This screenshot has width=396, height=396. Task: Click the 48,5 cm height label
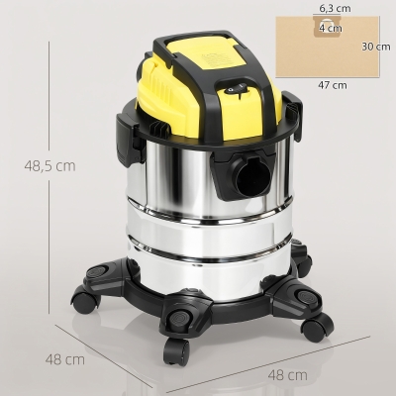click(49, 165)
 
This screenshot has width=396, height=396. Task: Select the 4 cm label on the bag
click(331, 28)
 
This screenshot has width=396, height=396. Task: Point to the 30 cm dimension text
click(376, 47)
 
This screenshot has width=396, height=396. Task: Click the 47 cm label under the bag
click(333, 85)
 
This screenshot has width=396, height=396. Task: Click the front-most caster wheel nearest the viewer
click(176, 351)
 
